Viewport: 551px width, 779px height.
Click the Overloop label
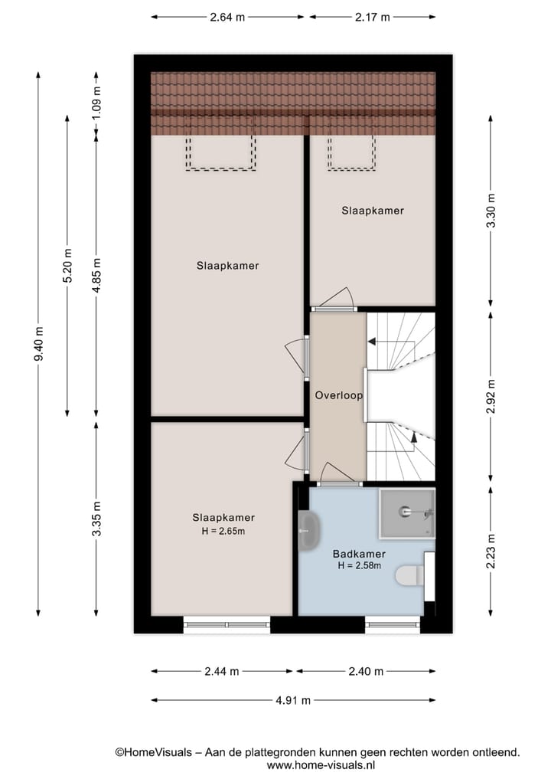pos(338,396)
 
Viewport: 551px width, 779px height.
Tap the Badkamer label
pos(359,554)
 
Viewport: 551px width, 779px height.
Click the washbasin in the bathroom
pos(308,530)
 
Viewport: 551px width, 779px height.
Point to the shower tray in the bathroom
pos(406,512)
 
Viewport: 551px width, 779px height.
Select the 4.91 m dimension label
pos(293,700)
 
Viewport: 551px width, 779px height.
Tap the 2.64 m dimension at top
pos(227,17)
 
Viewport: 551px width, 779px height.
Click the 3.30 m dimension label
pos(491,208)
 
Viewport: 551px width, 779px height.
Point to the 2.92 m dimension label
pos(491,396)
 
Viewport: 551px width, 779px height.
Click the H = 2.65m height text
pos(223,531)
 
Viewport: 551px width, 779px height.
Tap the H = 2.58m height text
pos(359,566)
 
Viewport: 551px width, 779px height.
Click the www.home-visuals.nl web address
pos(320,764)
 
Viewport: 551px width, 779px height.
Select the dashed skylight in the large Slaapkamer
pos(220,152)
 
